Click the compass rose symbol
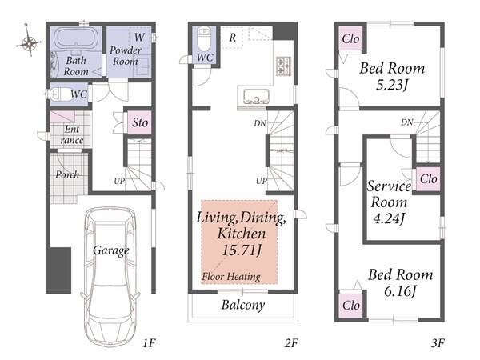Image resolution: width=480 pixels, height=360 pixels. click(29, 42)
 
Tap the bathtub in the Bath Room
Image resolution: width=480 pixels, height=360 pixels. click(76, 38)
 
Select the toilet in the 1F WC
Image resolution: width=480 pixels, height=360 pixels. click(59, 94)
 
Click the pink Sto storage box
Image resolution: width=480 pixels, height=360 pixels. click(139, 122)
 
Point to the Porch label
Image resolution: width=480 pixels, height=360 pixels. click(67, 174)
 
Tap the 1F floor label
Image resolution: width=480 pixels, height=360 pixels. click(150, 343)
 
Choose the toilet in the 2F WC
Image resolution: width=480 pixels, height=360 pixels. click(204, 39)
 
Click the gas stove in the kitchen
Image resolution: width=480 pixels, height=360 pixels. click(283, 66)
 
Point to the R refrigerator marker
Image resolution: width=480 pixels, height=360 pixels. click(232, 38)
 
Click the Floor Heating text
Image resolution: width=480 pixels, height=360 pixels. click(231, 277)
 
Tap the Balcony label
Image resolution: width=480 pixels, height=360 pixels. click(243, 305)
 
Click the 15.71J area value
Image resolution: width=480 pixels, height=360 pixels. click(242, 250)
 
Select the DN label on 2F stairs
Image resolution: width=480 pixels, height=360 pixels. click(260, 123)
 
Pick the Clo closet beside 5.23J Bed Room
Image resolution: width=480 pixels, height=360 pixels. click(350, 39)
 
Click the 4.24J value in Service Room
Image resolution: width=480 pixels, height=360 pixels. click(389, 218)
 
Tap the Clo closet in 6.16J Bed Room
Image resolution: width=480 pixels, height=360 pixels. click(351, 306)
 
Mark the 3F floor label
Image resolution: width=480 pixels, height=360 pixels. click(438, 343)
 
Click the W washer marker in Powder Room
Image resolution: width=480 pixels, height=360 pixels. click(139, 38)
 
